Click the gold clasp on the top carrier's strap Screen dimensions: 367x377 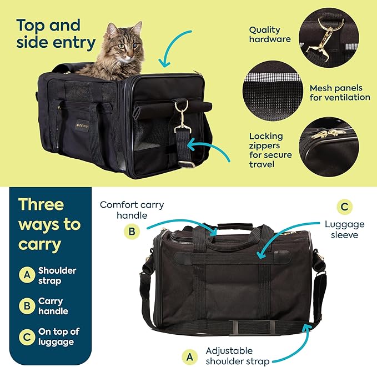click(x=181, y=119)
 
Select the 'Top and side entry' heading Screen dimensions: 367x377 click(x=56, y=33)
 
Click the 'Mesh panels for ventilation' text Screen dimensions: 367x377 click(x=340, y=92)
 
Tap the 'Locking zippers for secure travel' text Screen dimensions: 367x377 click(x=267, y=150)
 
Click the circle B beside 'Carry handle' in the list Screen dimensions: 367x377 click(x=26, y=305)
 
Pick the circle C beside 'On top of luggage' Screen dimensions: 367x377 click(x=26, y=336)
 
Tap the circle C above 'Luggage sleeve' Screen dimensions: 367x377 click(x=345, y=207)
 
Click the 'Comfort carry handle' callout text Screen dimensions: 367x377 click(x=132, y=210)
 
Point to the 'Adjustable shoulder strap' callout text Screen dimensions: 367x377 click(x=238, y=356)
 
